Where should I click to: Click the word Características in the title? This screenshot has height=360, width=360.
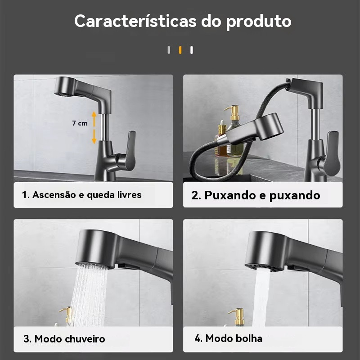pos(135,21)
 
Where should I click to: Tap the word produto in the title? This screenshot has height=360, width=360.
pos(259,22)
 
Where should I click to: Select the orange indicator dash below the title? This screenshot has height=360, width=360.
pos(180,50)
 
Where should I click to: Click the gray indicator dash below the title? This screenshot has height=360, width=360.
pos(169,50)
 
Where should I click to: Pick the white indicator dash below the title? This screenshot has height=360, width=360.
pos(192,50)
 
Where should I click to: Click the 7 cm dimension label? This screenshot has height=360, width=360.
pos(80,123)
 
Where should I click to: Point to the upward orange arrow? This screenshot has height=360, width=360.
pos(94,119)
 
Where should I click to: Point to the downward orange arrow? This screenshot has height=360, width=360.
pos(94,137)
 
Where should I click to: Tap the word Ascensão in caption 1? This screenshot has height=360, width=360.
pos(54,195)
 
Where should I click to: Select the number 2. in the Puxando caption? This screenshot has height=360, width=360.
pos(196,195)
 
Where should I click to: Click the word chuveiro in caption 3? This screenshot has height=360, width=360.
pos(85,339)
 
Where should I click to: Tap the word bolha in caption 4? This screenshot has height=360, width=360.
pos(250,338)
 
